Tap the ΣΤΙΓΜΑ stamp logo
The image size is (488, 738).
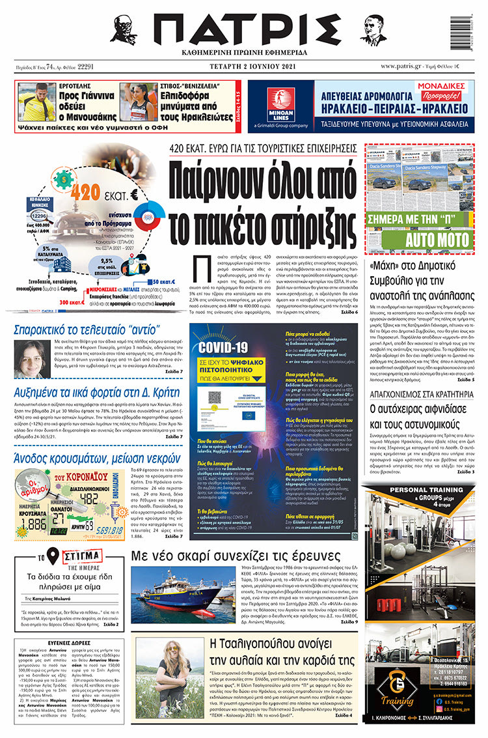81,557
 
